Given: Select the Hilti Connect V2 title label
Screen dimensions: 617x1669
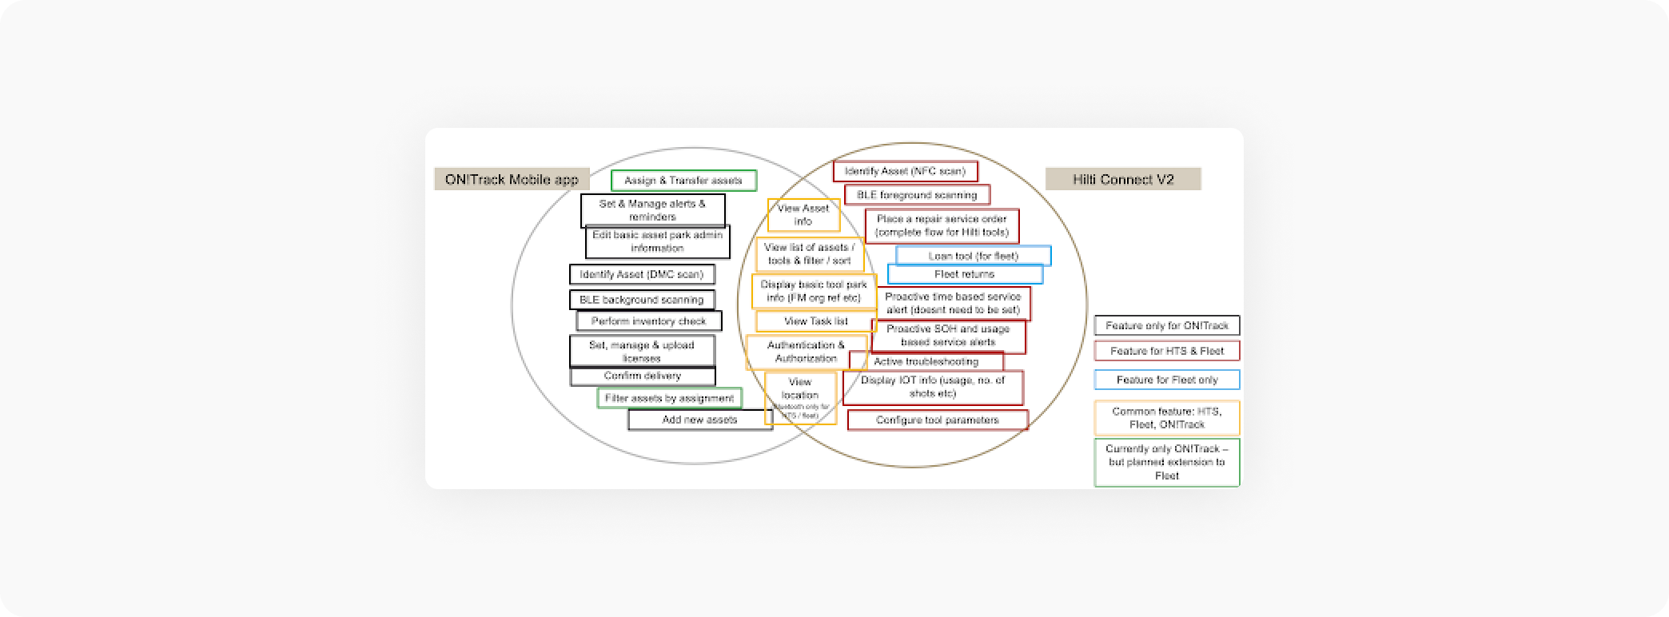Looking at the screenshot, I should [1122, 179].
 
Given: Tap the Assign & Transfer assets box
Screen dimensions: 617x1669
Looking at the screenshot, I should [683, 181].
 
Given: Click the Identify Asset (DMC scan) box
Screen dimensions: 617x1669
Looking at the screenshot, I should [641, 274].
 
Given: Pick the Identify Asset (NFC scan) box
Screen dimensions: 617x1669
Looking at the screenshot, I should [905, 171].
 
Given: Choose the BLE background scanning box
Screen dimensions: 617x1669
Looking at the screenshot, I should [641, 300].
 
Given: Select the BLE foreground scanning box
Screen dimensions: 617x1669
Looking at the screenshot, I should [916, 194].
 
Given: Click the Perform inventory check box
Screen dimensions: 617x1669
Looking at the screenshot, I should [648, 321].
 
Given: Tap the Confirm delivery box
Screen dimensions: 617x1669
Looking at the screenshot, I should [642, 376].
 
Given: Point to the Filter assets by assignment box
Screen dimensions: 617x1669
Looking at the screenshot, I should [669, 398].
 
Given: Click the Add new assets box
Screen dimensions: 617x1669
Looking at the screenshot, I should [699, 420].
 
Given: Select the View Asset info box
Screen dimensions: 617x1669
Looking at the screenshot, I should [803, 215].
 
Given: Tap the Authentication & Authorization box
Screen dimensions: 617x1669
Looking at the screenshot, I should [805, 352].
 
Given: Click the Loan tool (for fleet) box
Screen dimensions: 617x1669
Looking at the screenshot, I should [973, 256].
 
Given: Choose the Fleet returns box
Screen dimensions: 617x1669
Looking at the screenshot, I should [964, 274].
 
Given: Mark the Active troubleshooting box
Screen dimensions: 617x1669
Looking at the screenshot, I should [926, 362].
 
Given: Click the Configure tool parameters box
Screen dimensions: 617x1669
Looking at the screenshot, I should [937, 420].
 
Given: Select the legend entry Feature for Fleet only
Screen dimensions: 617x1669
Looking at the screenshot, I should [1166, 380].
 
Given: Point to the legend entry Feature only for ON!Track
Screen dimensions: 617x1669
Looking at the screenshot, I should [1166, 325].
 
